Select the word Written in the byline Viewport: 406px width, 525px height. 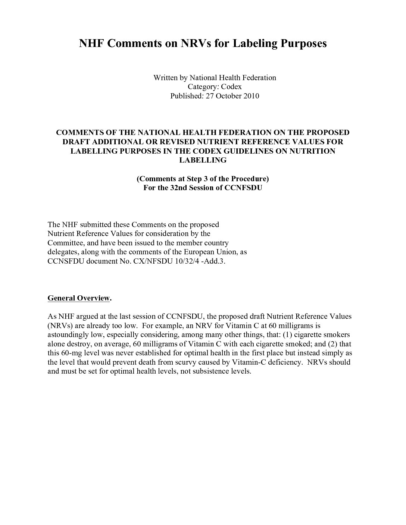pos(165,78)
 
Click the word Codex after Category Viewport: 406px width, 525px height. pos(231,87)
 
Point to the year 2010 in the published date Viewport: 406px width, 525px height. pos(251,96)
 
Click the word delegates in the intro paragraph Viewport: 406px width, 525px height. pos(63,252)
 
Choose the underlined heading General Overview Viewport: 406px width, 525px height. pos(79,298)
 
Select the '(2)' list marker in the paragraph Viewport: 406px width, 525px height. pos(329,344)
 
